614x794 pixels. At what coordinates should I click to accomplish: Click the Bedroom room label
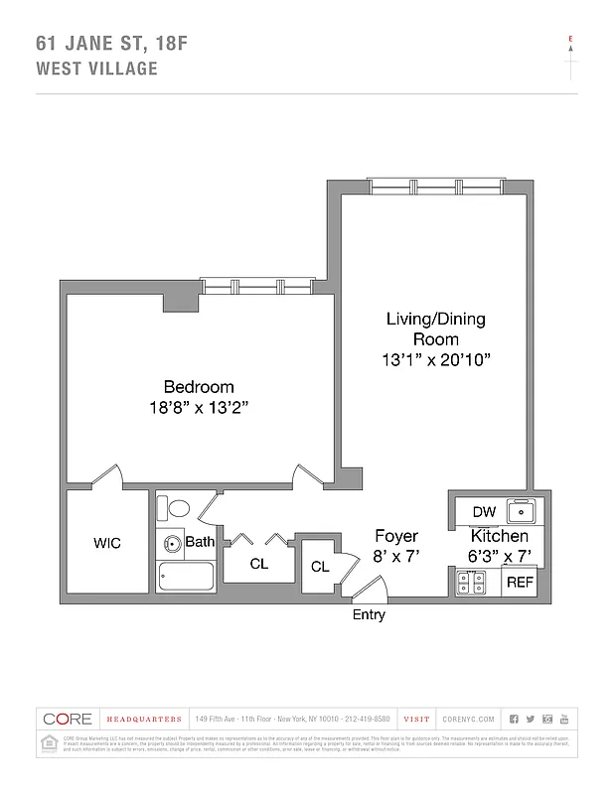[x=199, y=387]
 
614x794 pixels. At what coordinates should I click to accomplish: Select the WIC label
[x=107, y=544]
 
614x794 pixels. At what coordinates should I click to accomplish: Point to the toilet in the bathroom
[x=178, y=510]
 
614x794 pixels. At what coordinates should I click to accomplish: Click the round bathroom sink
[x=172, y=543]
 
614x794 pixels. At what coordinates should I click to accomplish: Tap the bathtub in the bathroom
[x=186, y=578]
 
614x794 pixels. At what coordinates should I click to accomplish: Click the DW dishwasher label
[x=484, y=512]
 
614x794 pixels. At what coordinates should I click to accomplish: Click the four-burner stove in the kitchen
[x=470, y=582]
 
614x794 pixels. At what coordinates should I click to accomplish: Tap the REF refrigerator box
[x=520, y=583]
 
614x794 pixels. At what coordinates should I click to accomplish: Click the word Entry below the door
[x=369, y=615]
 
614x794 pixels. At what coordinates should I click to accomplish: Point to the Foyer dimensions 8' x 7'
[x=395, y=557]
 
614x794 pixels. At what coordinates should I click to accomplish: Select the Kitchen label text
[x=499, y=536]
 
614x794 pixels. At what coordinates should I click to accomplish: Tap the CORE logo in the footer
[x=68, y=719]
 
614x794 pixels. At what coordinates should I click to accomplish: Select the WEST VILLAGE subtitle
[x=96, y=68]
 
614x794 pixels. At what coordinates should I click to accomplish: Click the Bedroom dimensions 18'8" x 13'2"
[x=199, y=407]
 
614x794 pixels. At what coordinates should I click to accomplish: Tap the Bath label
[x=200, y=542]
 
